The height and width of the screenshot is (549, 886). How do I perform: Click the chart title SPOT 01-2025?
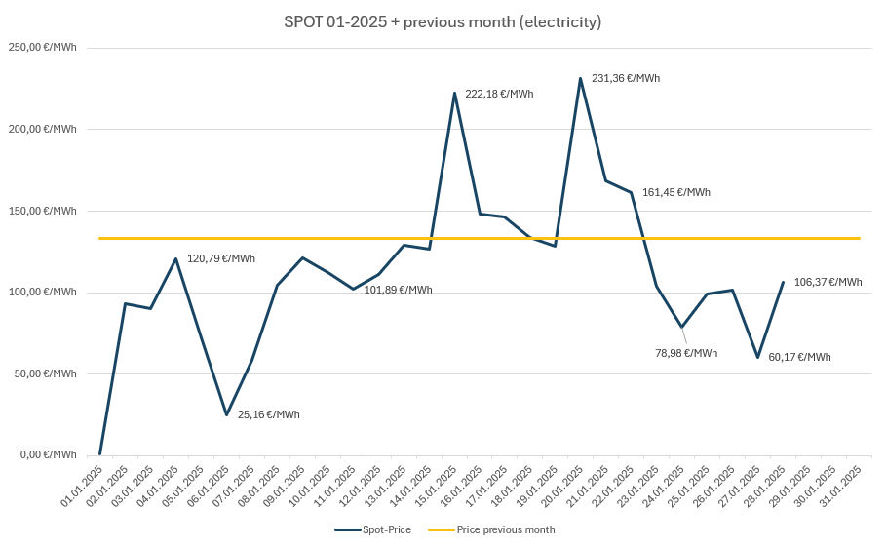443,21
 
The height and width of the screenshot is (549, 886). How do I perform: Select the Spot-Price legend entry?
373,529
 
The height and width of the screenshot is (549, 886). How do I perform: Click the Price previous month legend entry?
492,529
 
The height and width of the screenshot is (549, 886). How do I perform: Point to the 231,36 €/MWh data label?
625,78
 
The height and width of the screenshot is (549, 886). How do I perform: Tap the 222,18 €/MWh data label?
499,94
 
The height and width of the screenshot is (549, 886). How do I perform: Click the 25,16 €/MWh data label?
268,414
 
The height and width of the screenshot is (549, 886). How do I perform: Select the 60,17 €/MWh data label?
799,357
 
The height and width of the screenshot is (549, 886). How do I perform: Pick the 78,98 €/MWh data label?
685,353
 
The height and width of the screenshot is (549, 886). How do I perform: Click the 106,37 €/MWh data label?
828,282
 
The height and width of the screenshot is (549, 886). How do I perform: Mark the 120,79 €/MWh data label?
220,258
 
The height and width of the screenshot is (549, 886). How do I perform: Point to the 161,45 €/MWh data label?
675,192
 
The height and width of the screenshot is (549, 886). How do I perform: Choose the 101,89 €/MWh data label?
398,290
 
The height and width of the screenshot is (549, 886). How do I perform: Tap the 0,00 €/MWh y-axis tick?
48,454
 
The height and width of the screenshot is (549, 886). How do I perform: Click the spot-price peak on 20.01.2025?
581,78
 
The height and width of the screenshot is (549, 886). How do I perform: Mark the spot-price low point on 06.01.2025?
226,414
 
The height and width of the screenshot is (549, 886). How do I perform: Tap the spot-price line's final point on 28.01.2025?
783,282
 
